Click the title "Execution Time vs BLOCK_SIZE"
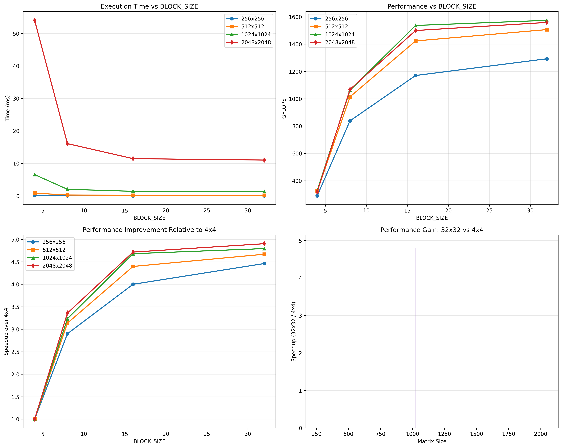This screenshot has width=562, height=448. pos(149,7)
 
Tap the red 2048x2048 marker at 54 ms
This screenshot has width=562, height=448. pos(35,20)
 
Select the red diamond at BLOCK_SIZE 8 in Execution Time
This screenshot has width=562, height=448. pos(68,144)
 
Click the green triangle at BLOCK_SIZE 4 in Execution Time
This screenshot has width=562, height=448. pos(35,175)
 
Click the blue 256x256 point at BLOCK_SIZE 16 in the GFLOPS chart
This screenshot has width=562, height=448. pos(416,76)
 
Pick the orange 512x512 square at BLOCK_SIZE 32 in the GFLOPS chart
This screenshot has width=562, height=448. pos(547,30)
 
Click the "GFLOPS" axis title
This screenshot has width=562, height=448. pos(284,108)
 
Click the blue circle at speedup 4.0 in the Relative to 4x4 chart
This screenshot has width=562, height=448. pos(133,284)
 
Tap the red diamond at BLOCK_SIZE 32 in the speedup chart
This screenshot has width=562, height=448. pos(264,244)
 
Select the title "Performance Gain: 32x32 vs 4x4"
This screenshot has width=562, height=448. pos(432,230)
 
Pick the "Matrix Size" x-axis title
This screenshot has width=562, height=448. pos(432,441)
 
